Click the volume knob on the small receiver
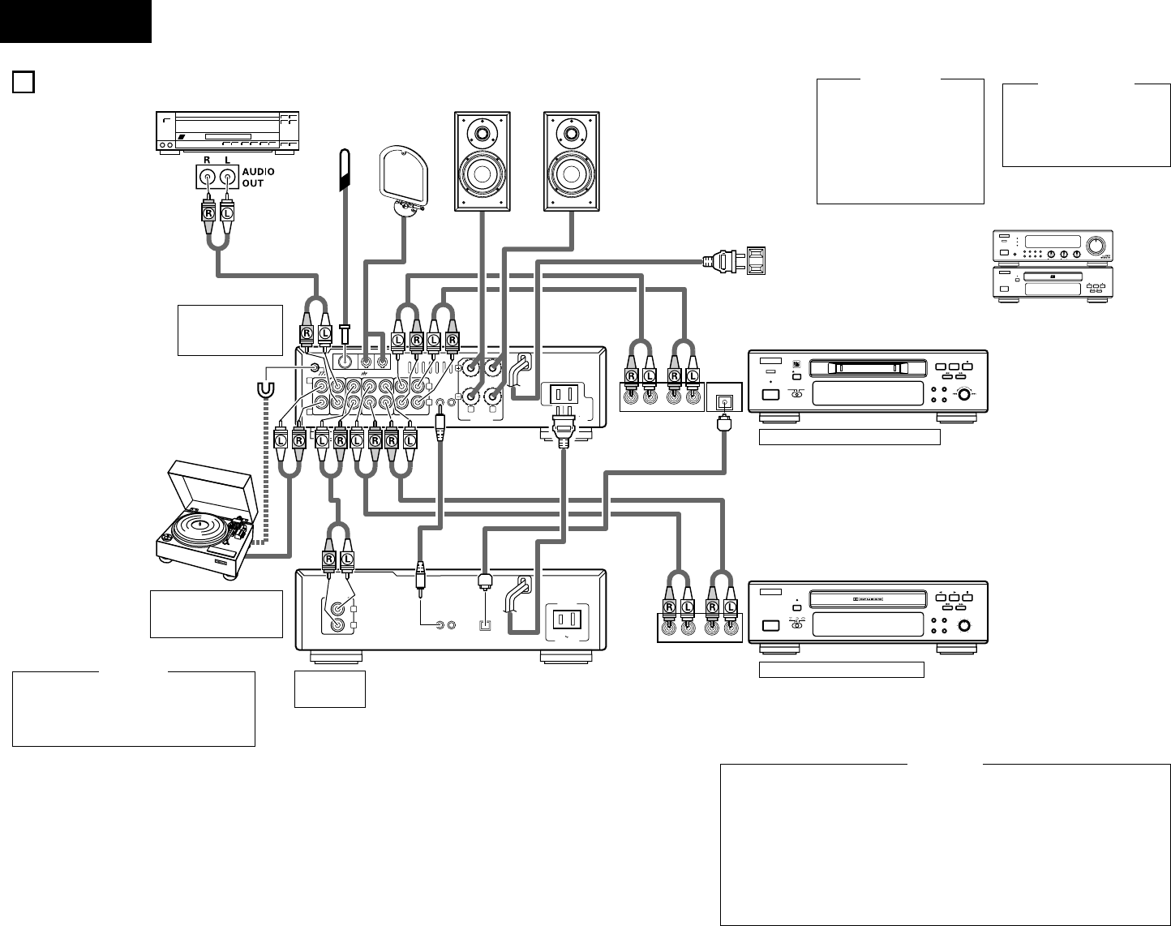click(1095, 245)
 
